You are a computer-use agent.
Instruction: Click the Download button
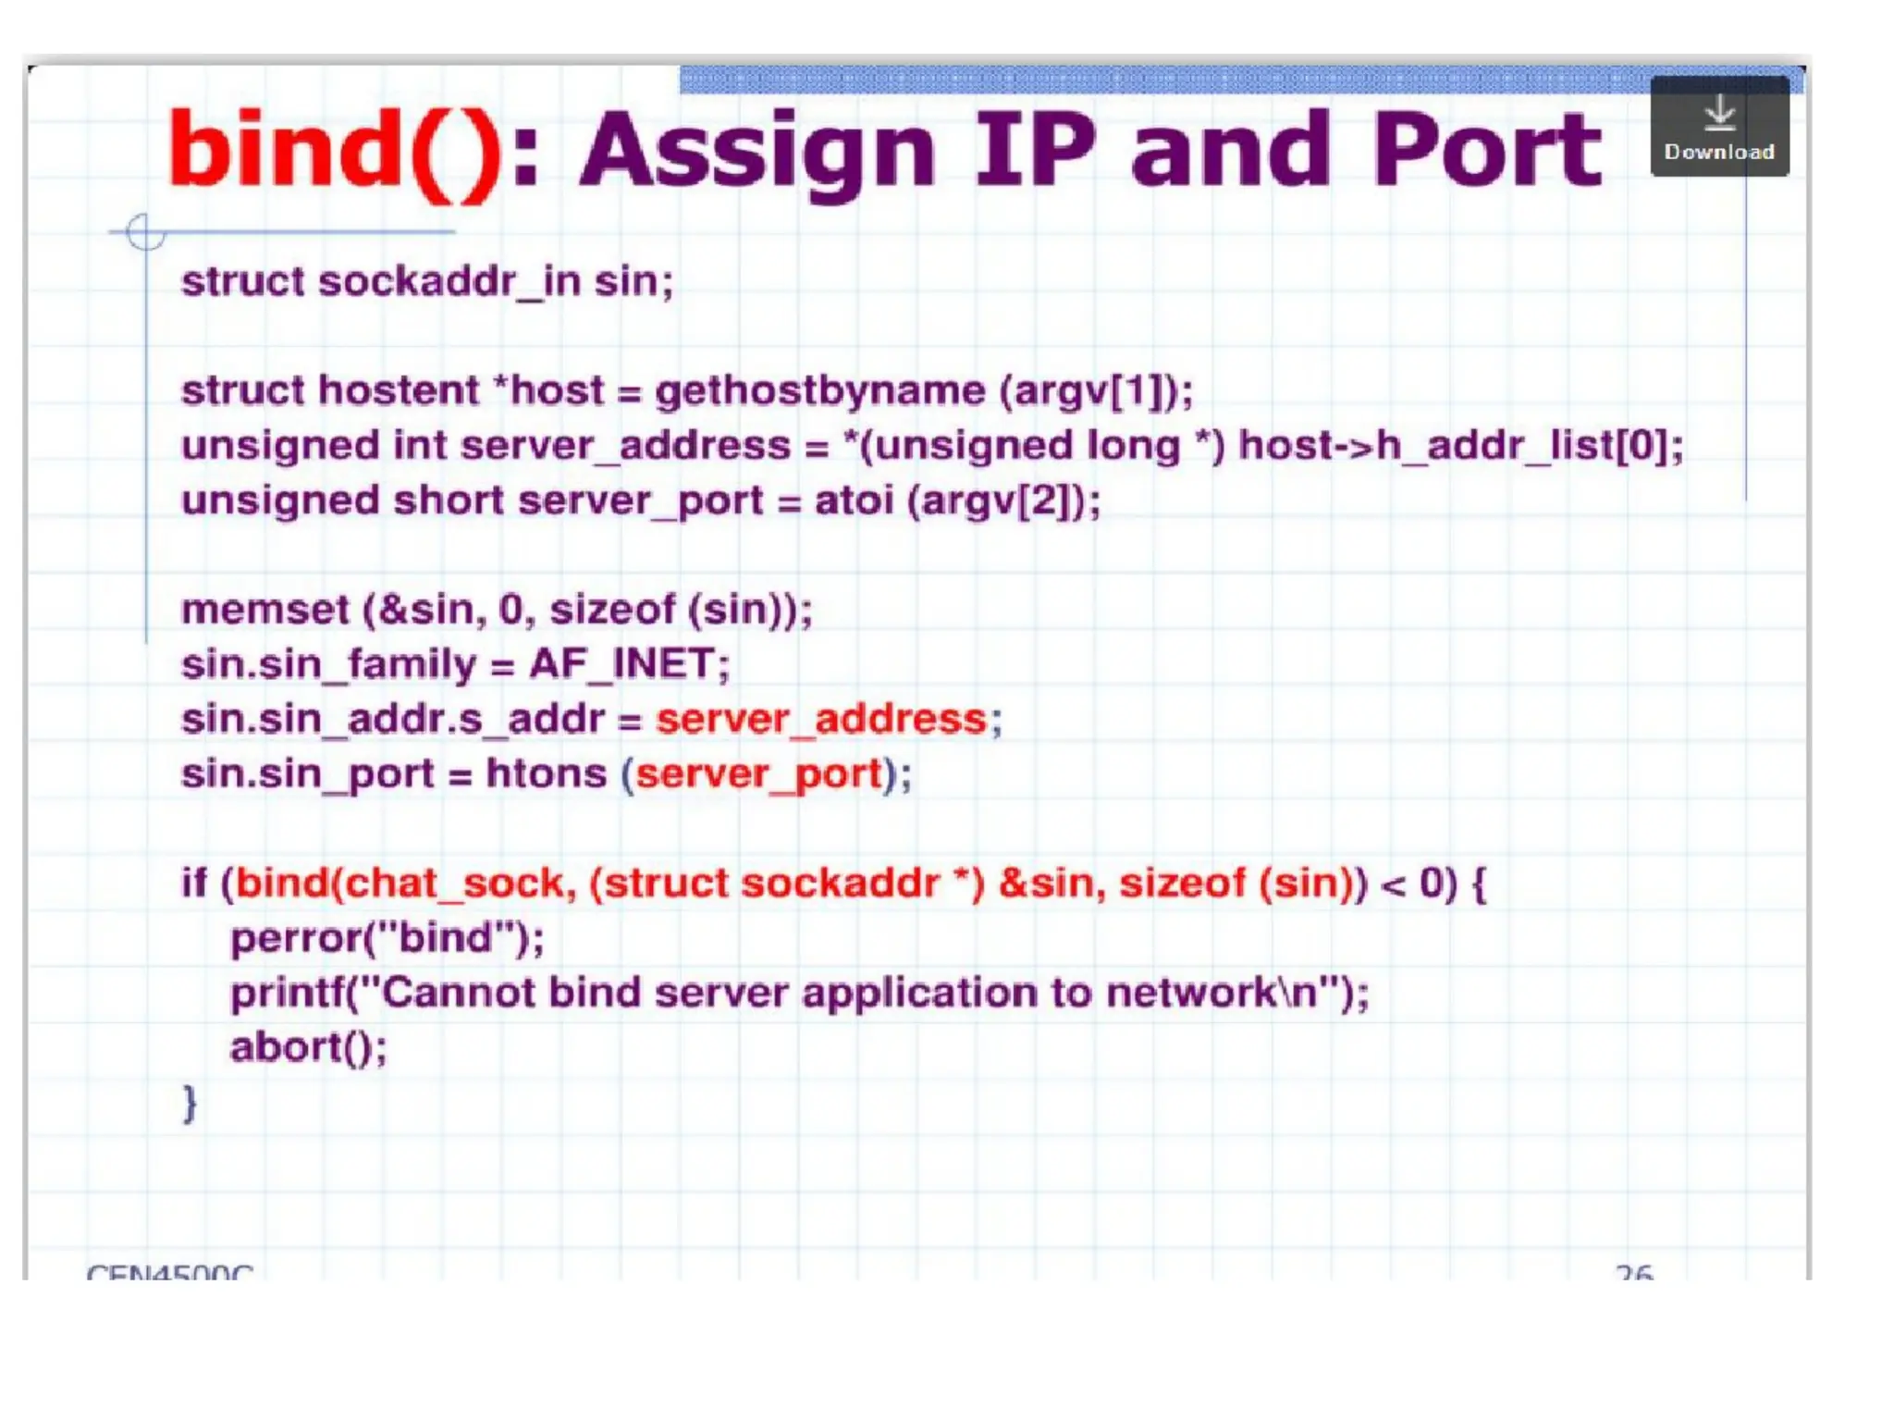click(x=1719, y=127)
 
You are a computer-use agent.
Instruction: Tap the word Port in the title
click(x=1486, y=151)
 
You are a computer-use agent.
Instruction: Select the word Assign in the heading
click(x=757, y=151)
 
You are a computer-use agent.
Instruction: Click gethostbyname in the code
click(x=819, y=390)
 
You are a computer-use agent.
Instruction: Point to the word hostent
click(x=399, y=390)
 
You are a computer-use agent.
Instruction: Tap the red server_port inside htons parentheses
click(x=758, y=773)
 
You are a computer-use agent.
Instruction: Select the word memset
click(x=265, y=610)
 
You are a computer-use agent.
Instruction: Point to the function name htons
click(x=546, y=773)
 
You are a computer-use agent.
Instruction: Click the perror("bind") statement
click(x=387, y=938)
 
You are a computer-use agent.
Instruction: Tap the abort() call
click(x=308, y=1047)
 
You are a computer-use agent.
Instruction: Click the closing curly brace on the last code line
click(x=190, y=1103)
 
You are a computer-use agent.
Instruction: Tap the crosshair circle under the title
click(x=145, y=232)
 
